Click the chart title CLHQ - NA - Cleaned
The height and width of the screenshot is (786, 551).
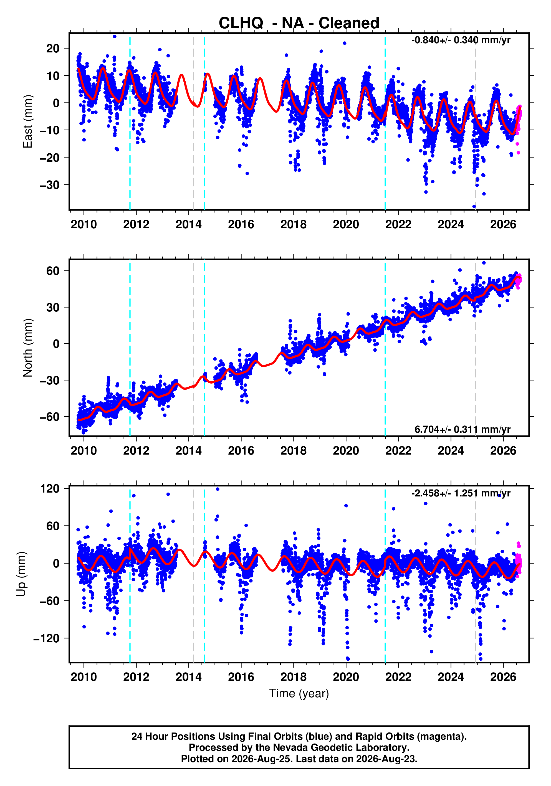pyautogui.click(x=299, y=23)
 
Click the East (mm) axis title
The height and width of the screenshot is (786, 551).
pyautogui.click(x=27, y=121)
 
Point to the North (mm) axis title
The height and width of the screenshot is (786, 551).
pyautogui.click(x=27, y=348)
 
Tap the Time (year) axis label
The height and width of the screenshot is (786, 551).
pyautogui.click(x=299, y=693)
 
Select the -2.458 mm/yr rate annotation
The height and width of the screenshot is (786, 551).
pyautogui.click(x=461, y=493)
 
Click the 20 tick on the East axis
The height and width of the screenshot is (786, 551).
pyautogui.click(x=53, y=49)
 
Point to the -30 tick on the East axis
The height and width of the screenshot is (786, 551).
pyautogui.click(x=50, y=185)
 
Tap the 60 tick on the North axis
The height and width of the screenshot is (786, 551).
pyautogui.click(x=53, y=271)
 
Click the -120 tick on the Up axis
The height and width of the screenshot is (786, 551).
pyautogui.click(x=47, y=638)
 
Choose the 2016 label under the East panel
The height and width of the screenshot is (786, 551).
pyautogui.click(x=241, y=225)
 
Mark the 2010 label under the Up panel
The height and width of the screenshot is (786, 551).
pyautogui.click(x=84, y=677)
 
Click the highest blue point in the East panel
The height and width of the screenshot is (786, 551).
pyautogui.click(x=115, y=36)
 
